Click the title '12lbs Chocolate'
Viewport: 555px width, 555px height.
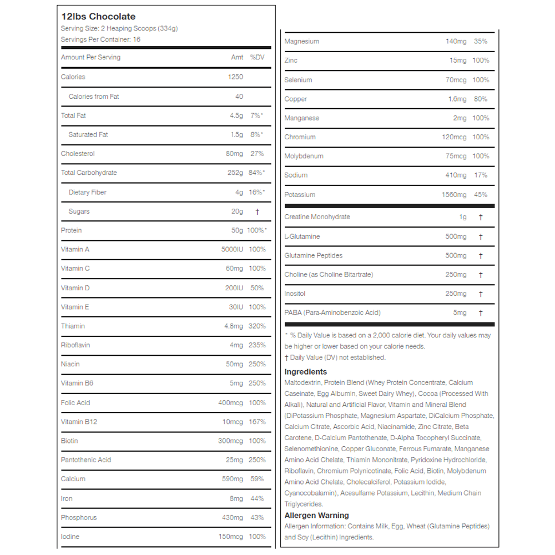(98, 17)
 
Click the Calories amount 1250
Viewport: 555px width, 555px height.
(235, 77)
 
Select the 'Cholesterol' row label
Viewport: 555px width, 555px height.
(78, 154)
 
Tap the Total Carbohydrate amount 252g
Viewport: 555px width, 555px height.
(235, 173)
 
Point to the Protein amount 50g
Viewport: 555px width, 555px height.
(237, 230)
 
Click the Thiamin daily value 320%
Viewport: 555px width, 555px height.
(257, 326)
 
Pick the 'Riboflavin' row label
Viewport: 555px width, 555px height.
(75, 345)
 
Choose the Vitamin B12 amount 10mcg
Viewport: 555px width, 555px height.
(233, 422)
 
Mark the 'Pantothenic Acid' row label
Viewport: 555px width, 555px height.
(86, 460)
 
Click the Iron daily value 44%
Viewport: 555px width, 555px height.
(257, 499)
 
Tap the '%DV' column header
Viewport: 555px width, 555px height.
(257, 57)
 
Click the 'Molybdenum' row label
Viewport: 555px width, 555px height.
(304, 156)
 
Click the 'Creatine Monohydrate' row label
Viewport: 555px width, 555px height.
(317, 217)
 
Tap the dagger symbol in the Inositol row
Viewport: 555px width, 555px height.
(481, 294)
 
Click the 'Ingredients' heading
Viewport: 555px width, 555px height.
(306, 372)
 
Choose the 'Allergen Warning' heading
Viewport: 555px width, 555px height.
(316, 516)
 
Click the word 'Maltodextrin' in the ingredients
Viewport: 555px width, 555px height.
(302, 383)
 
